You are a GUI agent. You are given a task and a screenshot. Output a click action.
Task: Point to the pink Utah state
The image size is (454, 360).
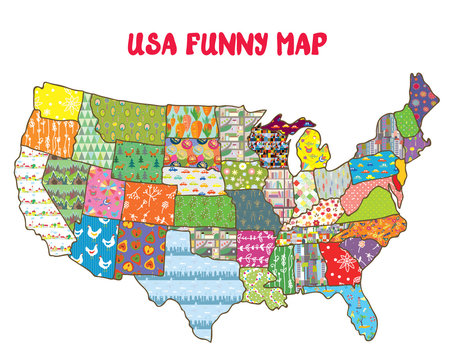102,190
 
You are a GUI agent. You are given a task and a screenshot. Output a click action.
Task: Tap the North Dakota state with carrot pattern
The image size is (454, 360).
191,120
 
